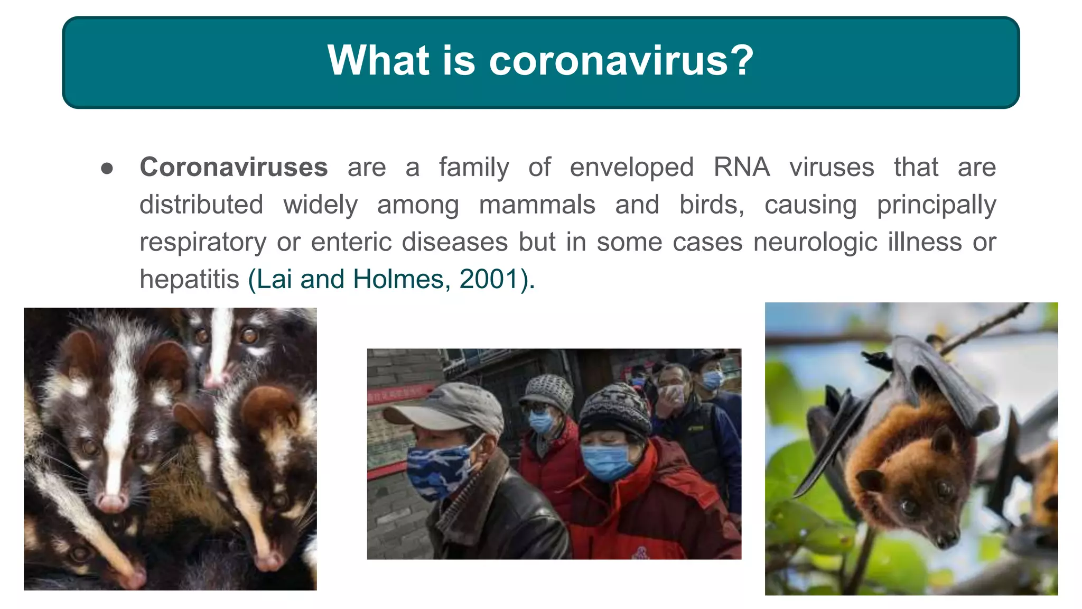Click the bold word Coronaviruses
[x=234, y=168]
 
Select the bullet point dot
[x=107, y=169]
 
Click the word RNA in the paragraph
[x=741, y=168]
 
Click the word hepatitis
[x=189, y=279]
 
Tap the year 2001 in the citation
[x=488, y=279]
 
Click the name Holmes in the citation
[x=398, y=279]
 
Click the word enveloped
[x=631, y=168]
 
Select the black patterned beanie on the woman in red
[x=615, y=410]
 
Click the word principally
[x=936, y=205]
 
